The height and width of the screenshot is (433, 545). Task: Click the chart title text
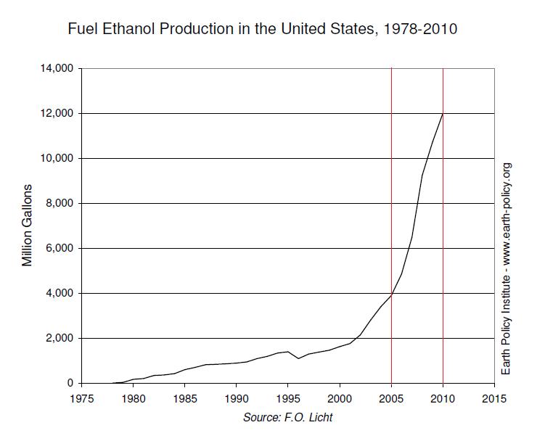click(x=262, y=30)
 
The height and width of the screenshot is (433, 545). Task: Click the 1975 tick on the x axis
click(x=81, y=398)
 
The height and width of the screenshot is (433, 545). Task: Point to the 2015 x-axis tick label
click(x=494, y=398)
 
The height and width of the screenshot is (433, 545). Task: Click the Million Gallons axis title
click(x=28, y=226)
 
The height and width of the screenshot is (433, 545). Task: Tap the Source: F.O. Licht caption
click(x=288, y=417)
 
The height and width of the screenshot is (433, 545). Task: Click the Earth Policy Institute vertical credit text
click(x=507, y=268)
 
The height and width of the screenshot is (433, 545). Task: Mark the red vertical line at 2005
click(x=391, y=181)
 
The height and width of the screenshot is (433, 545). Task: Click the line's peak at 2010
click(x=443, y=114)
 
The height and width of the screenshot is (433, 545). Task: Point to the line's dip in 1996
click(x=298, y=358)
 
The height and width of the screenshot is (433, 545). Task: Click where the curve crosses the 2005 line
click(x=391, y=295)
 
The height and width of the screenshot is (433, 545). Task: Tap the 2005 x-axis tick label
click(x=391, y=398)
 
